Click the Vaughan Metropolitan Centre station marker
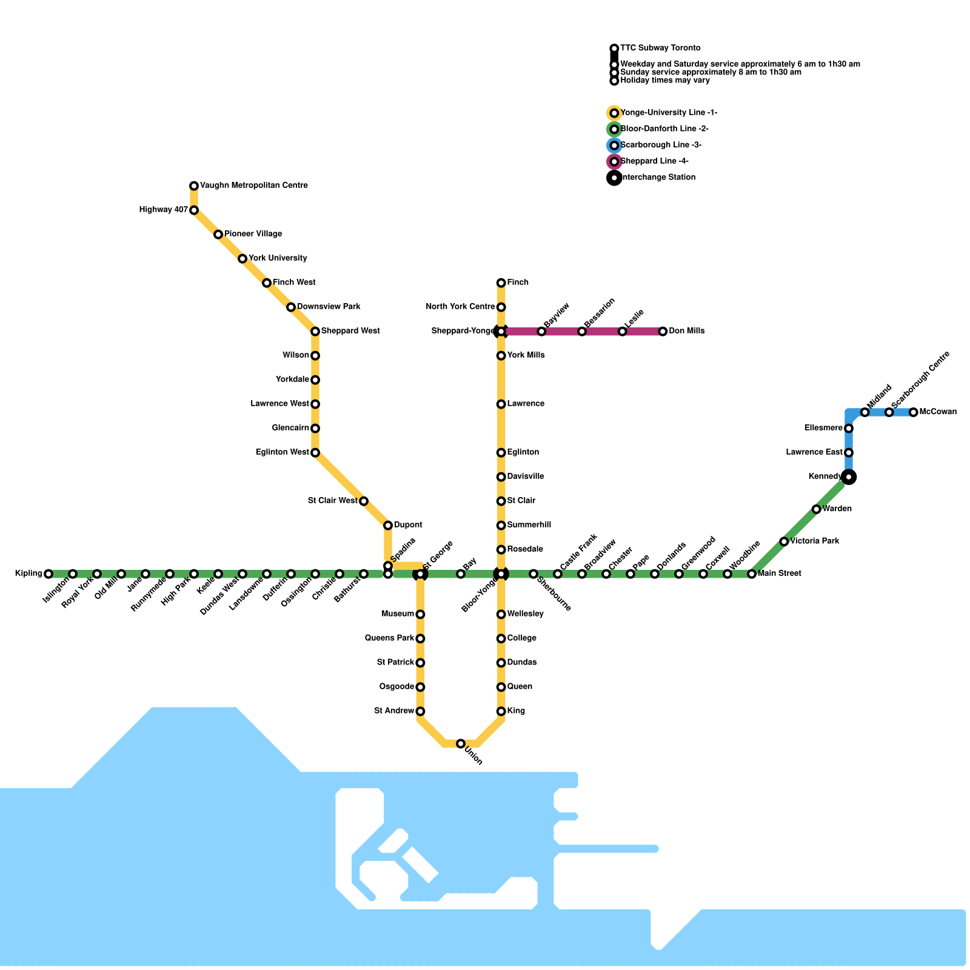click(194, 186)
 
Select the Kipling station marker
click(48, 574)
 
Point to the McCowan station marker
click(914, 413)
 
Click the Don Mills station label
click(687, 332)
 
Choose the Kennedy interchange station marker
click(849, 477)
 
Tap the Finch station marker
click(501, 283)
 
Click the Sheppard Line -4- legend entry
click(654, 161)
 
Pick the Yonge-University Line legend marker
click(614, 113)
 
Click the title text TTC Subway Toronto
click(660, 48)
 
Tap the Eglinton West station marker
click(315, 453)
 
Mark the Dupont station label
click(408, 525)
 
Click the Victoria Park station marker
click(784, 541)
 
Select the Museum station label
click(398, 615)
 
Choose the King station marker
click(501, 711)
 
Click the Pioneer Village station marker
click(218, 235)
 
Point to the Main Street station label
click(780, 574)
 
